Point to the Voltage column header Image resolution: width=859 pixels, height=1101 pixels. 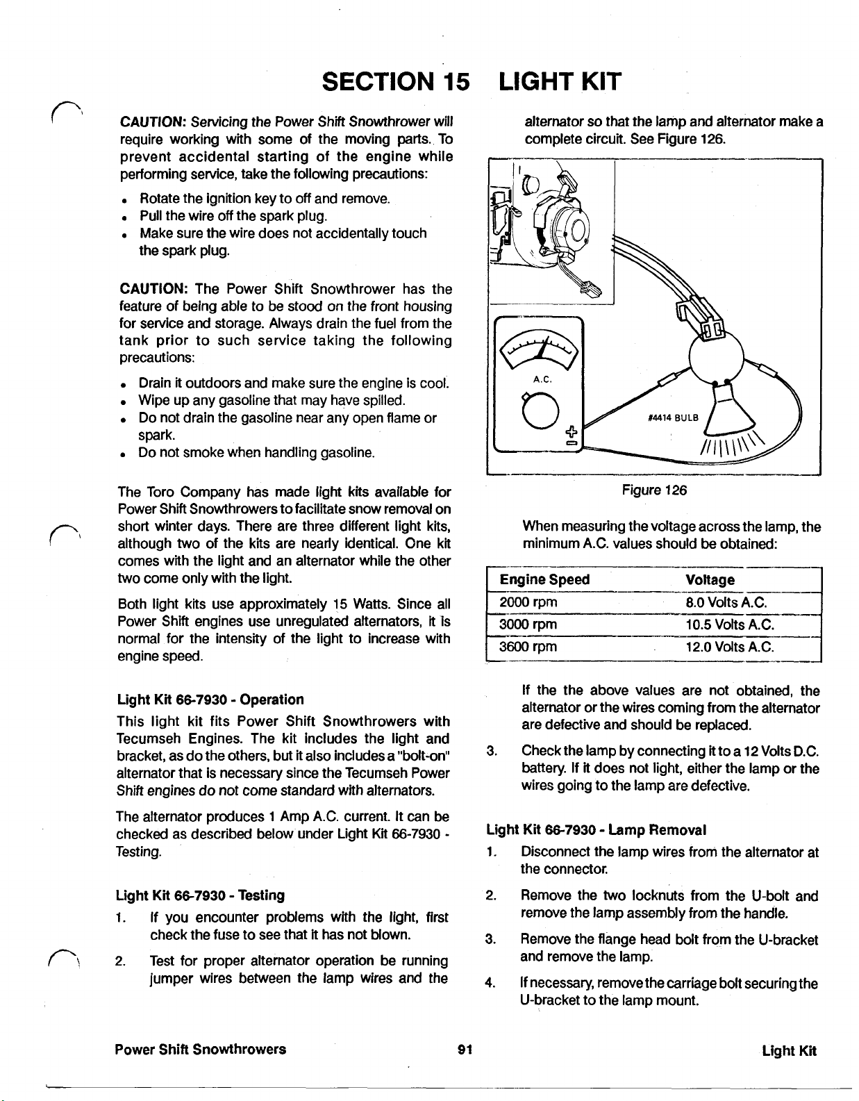[710, 579]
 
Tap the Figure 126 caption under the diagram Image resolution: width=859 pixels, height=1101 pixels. [655, 490]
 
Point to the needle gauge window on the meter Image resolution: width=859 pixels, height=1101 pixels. [539, 345]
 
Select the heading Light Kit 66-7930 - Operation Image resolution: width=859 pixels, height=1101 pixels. [210, 699]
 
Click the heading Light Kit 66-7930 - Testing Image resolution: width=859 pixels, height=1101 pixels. [200, 895]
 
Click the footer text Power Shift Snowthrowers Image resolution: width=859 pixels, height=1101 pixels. [201, 1049]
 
